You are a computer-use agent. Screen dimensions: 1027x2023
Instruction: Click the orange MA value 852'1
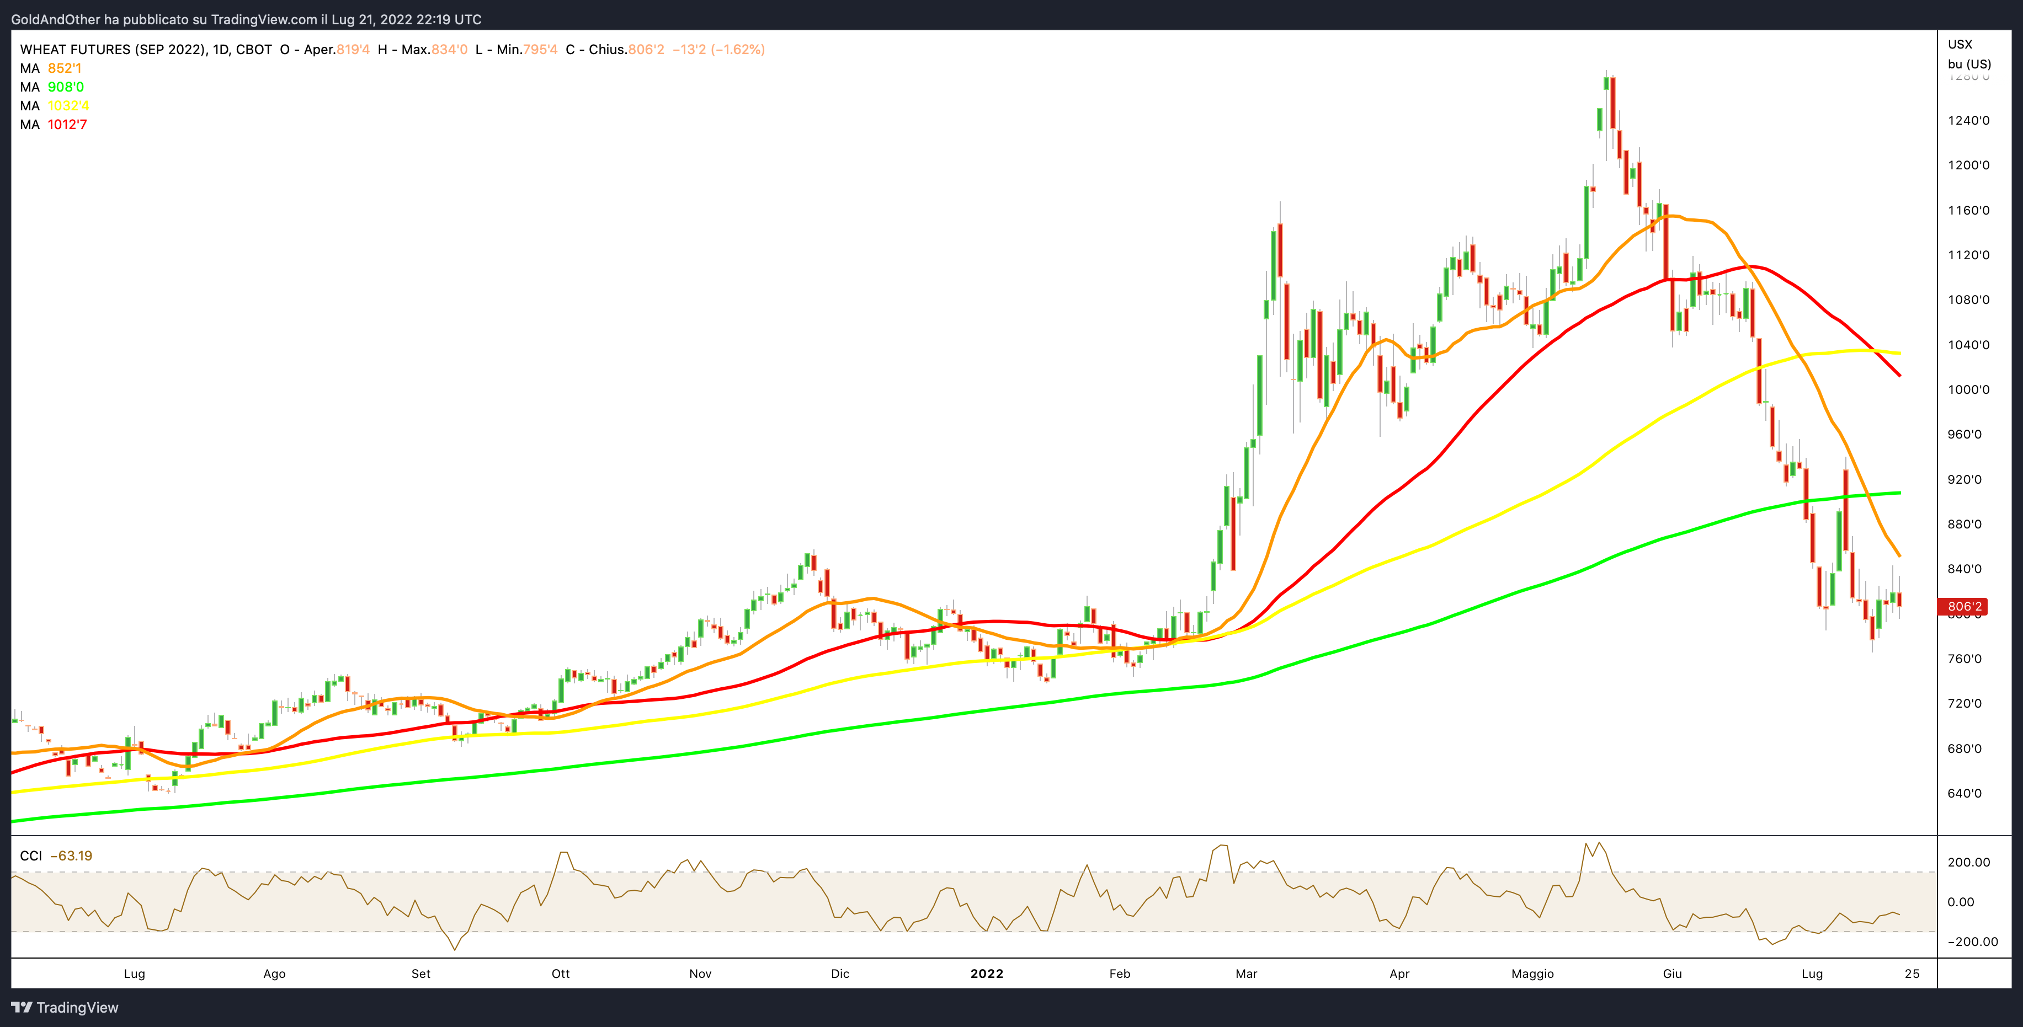(65, 68)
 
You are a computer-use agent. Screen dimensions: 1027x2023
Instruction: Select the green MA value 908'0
(66, 87)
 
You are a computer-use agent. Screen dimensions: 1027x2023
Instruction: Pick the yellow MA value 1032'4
(68, 106)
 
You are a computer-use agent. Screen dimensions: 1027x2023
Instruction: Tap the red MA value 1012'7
(67, 125)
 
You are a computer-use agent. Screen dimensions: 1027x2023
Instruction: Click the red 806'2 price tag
(1965, 606)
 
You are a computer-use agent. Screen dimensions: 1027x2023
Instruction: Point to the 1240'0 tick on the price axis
(1969, 120)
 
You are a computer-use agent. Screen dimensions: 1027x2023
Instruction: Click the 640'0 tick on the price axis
(1965, 793)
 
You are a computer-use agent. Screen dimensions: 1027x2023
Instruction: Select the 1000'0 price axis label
(1969, 389)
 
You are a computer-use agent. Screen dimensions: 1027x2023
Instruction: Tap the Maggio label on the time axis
(1532, 973)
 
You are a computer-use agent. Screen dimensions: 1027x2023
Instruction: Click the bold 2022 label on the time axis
(986, 973)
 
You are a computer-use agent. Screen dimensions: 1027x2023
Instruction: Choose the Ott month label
(561, 973)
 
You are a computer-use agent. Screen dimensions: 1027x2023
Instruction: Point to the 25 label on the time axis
(1912, 973)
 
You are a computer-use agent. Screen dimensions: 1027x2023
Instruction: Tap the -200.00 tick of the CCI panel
(1972, 942)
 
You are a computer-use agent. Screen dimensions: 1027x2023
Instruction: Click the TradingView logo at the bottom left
(65, 1007)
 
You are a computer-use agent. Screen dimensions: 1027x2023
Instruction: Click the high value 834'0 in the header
(449, 50)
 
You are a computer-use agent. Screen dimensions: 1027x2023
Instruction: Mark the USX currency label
(1960, 44)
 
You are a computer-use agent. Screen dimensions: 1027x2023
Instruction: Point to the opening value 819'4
(353, 50)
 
